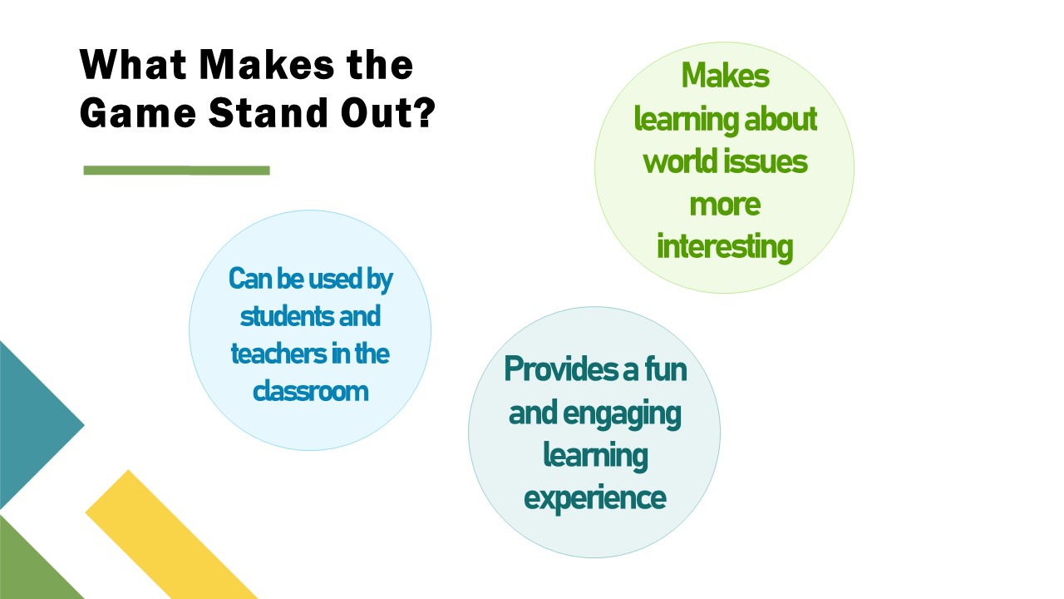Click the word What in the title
coord(133,64)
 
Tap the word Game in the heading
coord(138,112)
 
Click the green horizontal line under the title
coord(177,171)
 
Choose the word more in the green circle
coord(725,205)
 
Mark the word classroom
coord(310,392)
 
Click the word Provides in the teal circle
coord(564,369)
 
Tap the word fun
coord(665,369)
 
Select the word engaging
coord(622,414)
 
